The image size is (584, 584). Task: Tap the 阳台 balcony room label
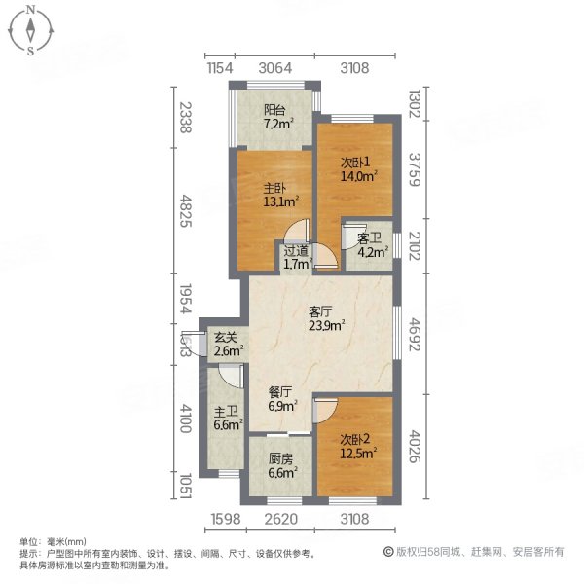tap(274, 117)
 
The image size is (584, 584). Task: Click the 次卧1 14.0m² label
tap(357, 170)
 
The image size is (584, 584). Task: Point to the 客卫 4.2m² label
tap(372, 244)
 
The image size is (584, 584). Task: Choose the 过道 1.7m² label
tap(296, 256)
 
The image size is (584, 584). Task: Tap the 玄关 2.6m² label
tap(229, 344)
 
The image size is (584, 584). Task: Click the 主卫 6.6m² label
tap(228, 419)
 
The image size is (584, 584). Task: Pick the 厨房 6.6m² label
tap(281, 467)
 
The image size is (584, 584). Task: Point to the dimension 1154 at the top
tap(223, 67)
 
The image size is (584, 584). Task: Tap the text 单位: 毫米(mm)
tap(54, 541)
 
